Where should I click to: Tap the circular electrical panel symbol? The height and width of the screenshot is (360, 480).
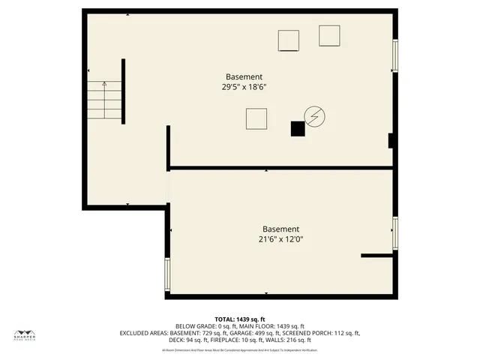pos(314,116)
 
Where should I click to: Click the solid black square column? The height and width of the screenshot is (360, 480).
pos(298,129)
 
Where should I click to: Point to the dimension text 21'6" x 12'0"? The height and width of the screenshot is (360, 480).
pos(280,240)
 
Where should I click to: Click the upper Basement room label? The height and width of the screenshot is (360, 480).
pos(244,76)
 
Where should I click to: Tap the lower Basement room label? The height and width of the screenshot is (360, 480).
pos(280,229)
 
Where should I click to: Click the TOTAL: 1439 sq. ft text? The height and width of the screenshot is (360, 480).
pos(239,319)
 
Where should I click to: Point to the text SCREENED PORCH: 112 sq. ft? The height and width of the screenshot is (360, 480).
pos(322,333)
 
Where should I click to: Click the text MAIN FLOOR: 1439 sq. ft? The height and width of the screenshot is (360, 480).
pos(270,326)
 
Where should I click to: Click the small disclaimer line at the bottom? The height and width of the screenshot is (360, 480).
pos(239,349)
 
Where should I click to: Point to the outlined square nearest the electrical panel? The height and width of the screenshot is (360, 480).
pos(256,118)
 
